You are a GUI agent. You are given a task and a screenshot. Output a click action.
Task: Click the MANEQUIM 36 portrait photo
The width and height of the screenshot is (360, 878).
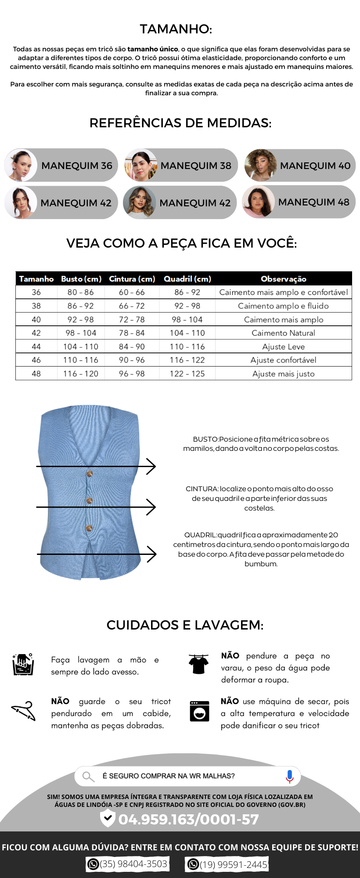(x=21, y=165)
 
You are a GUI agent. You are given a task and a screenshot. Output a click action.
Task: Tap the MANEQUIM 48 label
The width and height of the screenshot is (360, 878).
(x=313, y=202)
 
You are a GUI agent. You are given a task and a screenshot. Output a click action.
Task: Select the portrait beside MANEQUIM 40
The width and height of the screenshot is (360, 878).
(x=261, y=165)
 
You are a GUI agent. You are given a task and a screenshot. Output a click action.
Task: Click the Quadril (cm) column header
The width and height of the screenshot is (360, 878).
(x=187, y=279)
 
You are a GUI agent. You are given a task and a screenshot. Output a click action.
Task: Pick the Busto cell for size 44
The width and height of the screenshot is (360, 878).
(x=81, y=347)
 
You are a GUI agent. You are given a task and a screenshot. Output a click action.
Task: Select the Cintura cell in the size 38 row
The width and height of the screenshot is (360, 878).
(x=132, y=306)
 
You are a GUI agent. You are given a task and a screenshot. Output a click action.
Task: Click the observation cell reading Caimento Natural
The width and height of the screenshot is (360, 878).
(x=283, y=333)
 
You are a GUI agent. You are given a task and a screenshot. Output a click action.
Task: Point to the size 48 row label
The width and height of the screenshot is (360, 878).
(x=36, y=374)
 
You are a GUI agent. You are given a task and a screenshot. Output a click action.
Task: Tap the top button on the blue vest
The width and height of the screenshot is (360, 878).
(x=90, y=474)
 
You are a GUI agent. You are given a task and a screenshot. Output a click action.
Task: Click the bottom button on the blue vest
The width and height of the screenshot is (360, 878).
(x=89, y=528)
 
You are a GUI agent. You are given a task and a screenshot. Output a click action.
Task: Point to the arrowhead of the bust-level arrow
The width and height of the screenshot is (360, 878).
(x=151, y=466)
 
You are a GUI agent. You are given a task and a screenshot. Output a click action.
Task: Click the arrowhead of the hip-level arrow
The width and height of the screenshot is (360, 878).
(x=152, y=554)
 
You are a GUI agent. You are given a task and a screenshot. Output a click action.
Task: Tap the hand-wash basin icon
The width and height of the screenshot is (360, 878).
(x=23, y=664)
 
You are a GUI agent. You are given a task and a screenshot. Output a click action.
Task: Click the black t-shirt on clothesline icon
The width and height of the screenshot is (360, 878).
(x=198, y=664)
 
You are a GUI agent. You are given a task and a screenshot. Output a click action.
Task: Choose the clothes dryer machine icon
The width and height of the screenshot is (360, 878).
(x=199, y=711)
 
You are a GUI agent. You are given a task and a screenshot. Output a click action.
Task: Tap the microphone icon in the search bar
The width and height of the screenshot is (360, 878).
(x=289, y=776)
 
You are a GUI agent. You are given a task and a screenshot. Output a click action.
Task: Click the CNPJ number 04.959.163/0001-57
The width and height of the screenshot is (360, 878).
(x=188, y=819)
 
